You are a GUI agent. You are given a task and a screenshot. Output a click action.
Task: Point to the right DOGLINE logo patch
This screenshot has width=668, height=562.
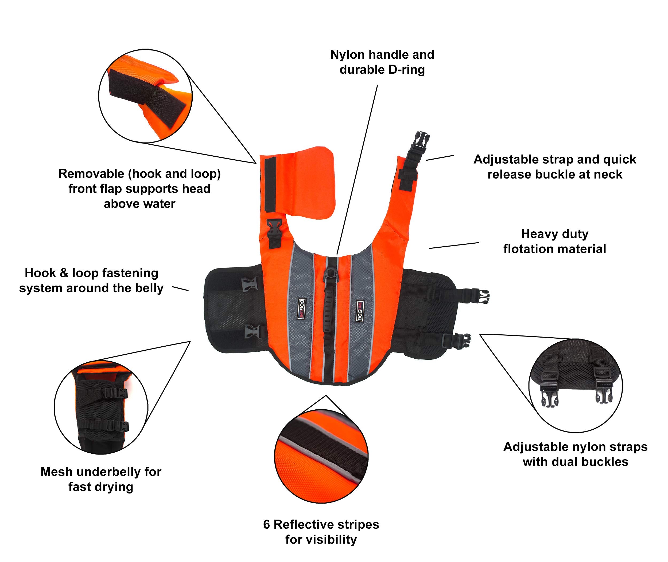(x=360, y=311)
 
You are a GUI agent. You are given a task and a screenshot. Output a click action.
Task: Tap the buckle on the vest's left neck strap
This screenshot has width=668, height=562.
(x=275, y=230)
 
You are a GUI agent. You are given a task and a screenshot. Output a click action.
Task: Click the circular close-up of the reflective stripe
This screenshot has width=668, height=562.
(x=321, y=456)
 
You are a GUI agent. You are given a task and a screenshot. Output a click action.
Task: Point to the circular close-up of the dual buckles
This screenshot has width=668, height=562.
(x=576, y=386)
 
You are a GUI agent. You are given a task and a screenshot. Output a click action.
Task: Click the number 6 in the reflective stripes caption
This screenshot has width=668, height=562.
(x=266, y=524)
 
